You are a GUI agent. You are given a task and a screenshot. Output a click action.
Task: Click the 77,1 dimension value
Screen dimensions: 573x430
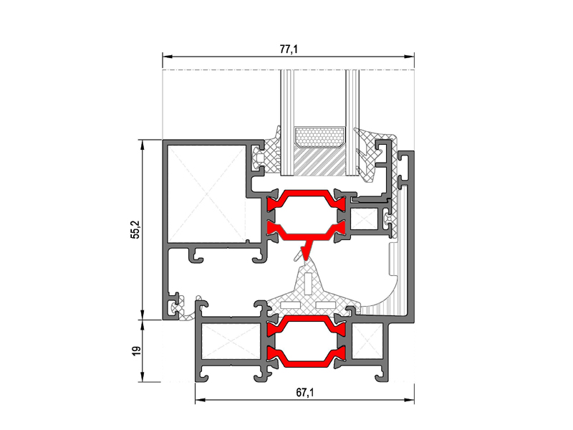pyautogui.click(x=289, y=49)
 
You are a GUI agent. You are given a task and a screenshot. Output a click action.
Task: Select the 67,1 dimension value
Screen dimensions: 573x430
pyautogui.click(x=305, y=393)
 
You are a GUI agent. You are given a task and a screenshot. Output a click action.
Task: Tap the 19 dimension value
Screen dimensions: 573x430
pyautogui.click(x=135, y=351)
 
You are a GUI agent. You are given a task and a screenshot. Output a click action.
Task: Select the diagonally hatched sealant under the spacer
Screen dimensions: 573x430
pyautogui.click(x=319, y=161)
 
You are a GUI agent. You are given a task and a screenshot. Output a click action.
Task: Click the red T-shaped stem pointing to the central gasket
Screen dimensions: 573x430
pyautogui.click(x=307, y=249)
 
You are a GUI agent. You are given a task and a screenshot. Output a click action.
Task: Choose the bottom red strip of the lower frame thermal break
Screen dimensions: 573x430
pyautogui.click(x=307, y=357)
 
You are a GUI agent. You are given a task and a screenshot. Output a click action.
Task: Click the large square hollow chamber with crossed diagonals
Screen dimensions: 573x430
pyautogui.click(x=206, y=193)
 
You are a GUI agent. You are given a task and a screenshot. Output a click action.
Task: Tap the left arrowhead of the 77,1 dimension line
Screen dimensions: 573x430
pyautogui.click(x=163, y=57)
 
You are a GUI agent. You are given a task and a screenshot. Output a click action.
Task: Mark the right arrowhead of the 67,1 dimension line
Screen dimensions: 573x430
pyautogui.click(x=414, y=400)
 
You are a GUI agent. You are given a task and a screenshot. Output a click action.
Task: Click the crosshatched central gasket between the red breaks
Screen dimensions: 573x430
pyautogui.click(x=310, y=291)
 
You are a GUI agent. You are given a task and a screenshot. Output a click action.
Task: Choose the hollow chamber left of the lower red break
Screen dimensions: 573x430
pyautogui.click(x=231, y=341)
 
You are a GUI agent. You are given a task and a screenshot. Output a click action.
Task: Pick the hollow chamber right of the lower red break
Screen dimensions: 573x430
pyautogui.click(x=367, y=341)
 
